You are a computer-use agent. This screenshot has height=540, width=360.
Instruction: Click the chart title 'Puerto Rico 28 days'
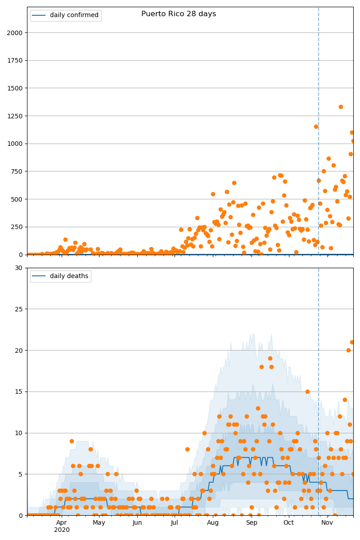pos(179,14)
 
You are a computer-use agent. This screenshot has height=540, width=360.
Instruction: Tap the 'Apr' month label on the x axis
pos(62,522)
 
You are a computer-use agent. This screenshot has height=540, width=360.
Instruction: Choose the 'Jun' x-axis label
pos(137,522)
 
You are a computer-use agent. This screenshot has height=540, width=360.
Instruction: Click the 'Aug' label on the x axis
pos(213,522)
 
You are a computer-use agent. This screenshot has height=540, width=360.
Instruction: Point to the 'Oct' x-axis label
pos(288,522)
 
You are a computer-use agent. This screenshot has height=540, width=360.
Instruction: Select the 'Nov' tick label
pos(327,522)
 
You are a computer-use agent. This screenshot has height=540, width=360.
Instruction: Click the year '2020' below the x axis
pos(62,530)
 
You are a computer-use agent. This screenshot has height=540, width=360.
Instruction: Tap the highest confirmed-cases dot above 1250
pos(341,107)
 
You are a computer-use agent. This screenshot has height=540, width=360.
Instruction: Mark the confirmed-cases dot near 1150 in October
pos(316,126)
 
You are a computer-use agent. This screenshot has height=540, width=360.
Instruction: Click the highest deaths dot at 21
pos(352,342)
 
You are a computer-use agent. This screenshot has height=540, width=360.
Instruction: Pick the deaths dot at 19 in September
pos(270,359)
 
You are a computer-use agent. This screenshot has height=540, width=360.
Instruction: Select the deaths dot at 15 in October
pos(307,391)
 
